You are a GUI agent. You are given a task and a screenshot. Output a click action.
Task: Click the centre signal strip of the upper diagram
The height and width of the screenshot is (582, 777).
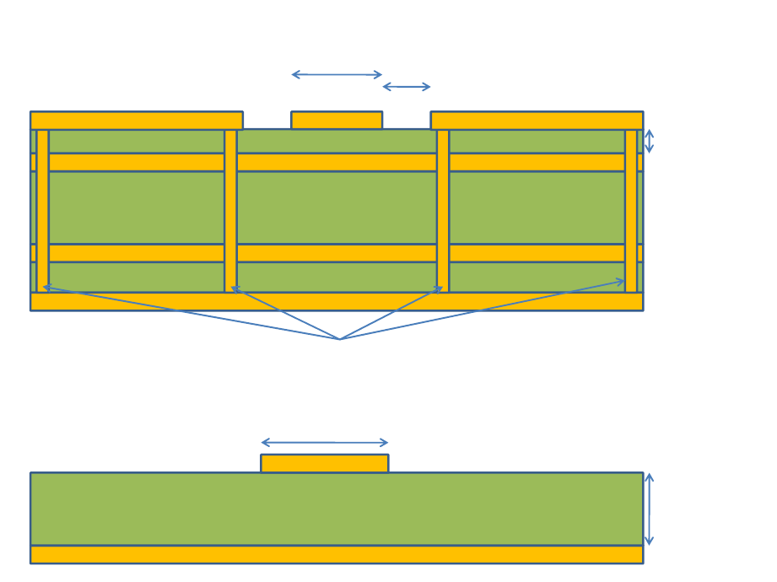[x=337, y=120]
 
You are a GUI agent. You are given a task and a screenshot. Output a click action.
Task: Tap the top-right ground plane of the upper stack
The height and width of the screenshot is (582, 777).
[x=537, y=120]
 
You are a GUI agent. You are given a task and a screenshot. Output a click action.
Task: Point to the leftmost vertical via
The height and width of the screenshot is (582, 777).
[x=42, y=211]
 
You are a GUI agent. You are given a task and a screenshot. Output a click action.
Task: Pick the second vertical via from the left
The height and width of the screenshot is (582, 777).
[x=230, y=211]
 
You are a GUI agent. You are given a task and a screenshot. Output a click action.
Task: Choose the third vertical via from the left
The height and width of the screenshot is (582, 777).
[x=443, y=211]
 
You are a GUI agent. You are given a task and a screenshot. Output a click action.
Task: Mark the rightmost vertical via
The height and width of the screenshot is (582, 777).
[x=631, y=211]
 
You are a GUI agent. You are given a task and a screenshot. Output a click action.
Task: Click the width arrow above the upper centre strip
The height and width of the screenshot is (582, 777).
[x=337, y=75]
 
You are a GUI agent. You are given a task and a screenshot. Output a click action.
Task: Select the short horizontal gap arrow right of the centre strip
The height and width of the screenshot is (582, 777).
[x=407, y=87]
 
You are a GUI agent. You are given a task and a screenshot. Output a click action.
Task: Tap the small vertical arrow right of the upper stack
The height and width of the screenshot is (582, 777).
[x=649, y=141]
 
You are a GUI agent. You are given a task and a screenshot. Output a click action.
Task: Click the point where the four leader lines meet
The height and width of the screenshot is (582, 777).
[x=339, y=339]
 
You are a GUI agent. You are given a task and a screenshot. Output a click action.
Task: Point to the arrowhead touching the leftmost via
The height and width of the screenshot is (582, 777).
[x=47, y=288]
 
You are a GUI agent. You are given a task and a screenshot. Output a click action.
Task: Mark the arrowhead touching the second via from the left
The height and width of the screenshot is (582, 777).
[x=236, y=289]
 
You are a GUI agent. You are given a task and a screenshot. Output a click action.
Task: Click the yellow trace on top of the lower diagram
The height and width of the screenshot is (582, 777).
[x=325, y=463]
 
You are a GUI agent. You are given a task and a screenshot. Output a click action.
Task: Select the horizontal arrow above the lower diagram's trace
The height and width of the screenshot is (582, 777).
[x=325, y=443]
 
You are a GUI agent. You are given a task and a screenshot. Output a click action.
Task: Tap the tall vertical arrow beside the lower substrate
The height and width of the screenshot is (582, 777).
[x=649, y=509]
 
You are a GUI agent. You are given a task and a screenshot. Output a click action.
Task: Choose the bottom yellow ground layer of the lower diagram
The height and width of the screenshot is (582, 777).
[x=337, y=554]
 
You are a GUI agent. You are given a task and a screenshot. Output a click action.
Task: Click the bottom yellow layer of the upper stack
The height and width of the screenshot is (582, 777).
[x=337, y=302]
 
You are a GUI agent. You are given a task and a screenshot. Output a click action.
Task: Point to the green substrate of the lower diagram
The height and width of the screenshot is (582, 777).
[x=337, y=509]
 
